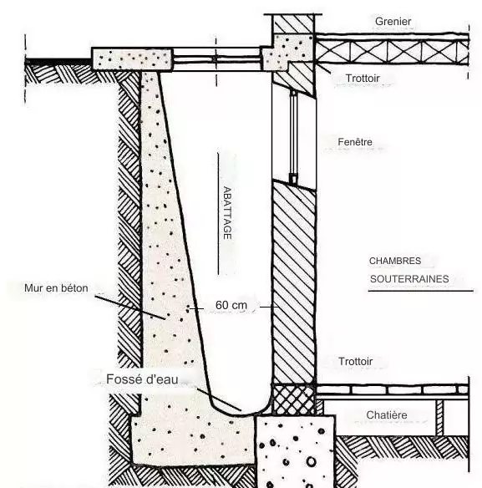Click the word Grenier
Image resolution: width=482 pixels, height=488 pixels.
[393, 21]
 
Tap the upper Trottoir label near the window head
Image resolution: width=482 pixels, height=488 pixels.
[363, 78]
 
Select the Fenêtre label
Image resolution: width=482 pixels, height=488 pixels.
[355, 142]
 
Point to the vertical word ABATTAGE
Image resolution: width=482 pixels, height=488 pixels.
[227, 213]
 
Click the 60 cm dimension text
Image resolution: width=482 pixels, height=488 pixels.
[231, 305]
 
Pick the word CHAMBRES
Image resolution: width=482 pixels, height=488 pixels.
[395, 261]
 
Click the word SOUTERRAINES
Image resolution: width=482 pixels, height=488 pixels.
[409, 279]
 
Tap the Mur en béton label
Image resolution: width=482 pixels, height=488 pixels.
[56, 288]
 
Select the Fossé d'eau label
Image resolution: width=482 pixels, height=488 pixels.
[142, 379]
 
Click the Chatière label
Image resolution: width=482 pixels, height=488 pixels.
[387, 414]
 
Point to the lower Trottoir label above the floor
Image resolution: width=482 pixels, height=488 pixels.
[355, 361]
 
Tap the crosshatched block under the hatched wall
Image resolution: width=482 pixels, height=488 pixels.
[294, 399]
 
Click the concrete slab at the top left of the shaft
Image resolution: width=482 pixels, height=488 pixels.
[132, 58]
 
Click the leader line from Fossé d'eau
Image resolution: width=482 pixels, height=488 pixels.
[219, 399]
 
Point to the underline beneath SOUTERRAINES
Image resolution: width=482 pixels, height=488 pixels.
[421, 291]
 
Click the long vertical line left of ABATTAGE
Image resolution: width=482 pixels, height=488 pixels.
[218, 214]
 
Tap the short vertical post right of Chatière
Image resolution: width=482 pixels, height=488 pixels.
[439, 418]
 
